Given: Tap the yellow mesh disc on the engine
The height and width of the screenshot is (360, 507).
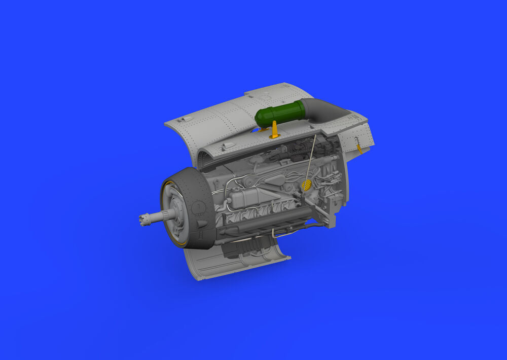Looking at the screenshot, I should point(306,185).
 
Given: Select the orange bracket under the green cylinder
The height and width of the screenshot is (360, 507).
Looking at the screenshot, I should point(274,130).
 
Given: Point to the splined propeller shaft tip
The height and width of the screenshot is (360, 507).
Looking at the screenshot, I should point(144,220).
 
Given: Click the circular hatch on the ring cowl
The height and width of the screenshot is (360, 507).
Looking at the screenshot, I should point(199,207).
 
